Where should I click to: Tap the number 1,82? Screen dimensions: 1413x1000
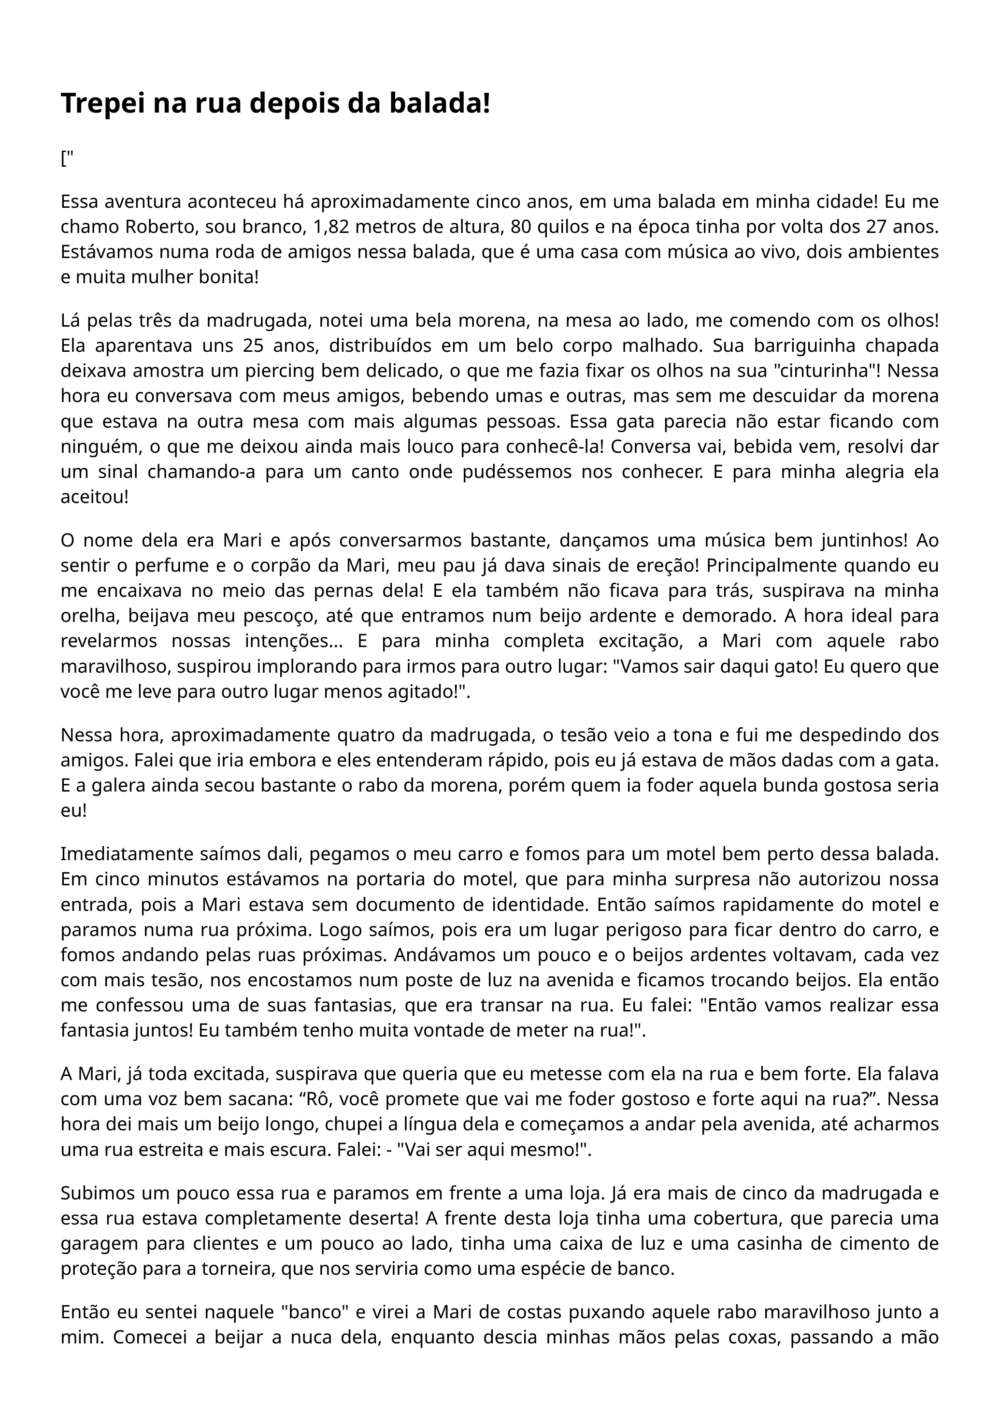[x=332, y=227]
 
